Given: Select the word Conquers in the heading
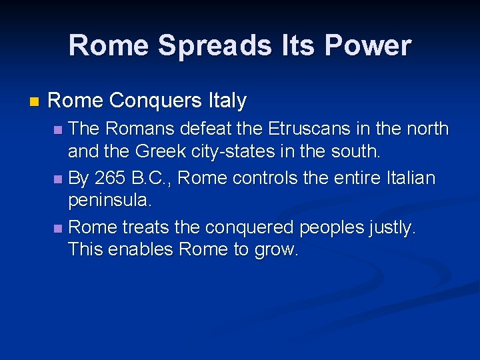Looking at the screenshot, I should click(x=155, y=101).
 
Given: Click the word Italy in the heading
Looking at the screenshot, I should click(x=227, y=101).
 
